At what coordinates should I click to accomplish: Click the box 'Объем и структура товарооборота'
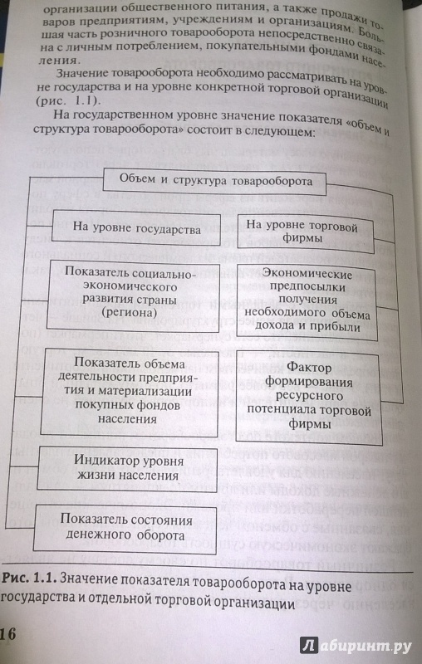tap(215, 181)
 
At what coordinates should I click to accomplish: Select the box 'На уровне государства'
tap(136, 227)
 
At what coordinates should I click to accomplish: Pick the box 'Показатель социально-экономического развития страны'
tap(134, 294)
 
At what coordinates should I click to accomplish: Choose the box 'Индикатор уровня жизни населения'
tap(128, 467)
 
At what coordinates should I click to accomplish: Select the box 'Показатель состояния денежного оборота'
tap(125, 527)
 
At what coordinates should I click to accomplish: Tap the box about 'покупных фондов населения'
tap(130, 391)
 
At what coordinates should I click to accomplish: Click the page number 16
tap(8, 634)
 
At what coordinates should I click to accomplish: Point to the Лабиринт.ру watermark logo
tap(356, 646)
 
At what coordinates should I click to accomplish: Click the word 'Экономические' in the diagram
tap(307, 274)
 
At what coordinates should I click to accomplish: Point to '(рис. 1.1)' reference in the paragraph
tap(67, 101)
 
